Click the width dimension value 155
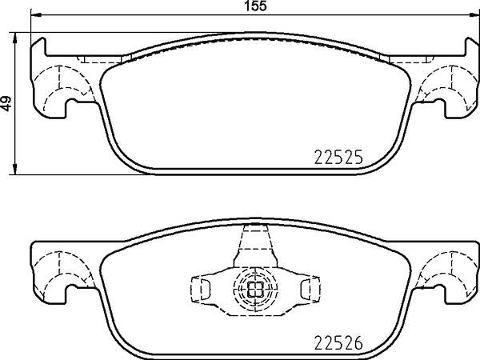click(x=256, y=6)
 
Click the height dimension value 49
click(x=6, y=103)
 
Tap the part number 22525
click(x=338, y=157)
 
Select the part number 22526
click(x=338, y=343)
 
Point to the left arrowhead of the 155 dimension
click(x=36, y=14)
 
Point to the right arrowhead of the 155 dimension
click(x=474, y=14)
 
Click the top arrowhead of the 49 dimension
click(x=14, y=38)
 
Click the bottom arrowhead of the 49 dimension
click(x=14, y=170)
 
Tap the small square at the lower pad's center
click(x=255, y=290)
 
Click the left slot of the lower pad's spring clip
click(x=206, y=289)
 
